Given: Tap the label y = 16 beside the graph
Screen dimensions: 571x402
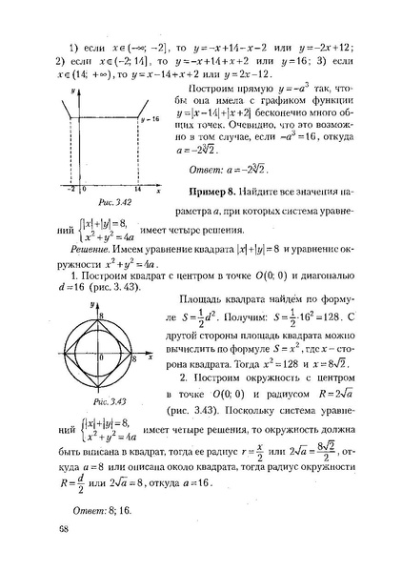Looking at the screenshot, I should click(x=148, y=121).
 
